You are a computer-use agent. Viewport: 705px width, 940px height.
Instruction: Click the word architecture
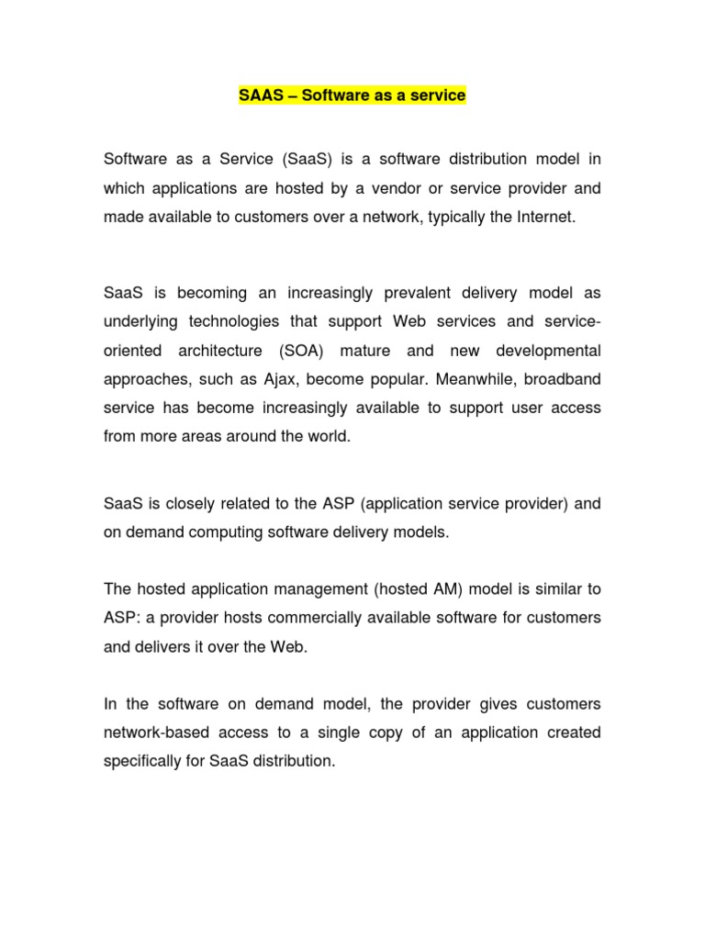pos(218,352)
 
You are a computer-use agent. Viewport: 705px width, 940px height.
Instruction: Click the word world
pos(329,436)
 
